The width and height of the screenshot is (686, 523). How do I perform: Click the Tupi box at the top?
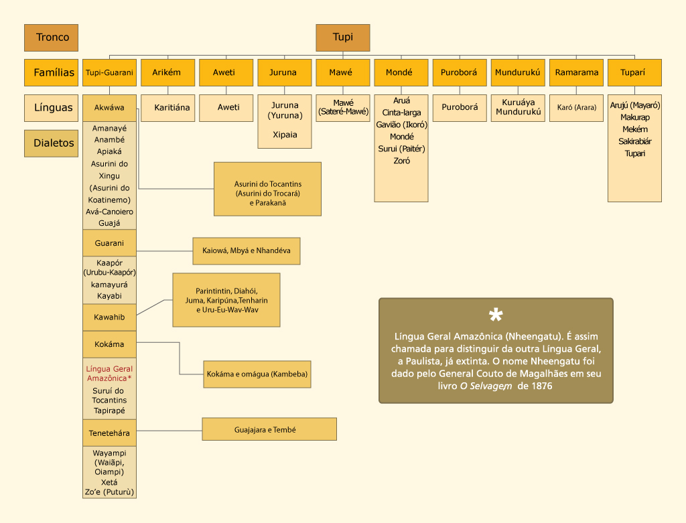[343, 38]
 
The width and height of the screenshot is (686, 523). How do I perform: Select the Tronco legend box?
[51, 38]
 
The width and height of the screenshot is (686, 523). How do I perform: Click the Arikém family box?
[167, 72]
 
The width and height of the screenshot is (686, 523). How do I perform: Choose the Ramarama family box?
[576, 72]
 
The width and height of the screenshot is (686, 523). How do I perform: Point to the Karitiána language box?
[172, 107]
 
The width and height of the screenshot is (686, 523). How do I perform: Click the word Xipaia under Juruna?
[285, 135]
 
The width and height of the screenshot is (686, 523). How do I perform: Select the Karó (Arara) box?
[576, 107]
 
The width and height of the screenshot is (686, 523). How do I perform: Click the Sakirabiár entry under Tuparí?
[635, 141]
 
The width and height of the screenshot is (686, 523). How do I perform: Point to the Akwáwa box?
[110, 107]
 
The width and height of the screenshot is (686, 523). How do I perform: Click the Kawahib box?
[110, 317]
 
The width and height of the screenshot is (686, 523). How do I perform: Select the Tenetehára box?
[110, 433]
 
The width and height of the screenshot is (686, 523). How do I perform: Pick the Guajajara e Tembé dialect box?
[269, 429]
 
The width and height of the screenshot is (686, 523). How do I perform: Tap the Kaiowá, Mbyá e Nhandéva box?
[246, 251]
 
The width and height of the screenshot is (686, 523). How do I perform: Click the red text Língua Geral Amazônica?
[110, 374]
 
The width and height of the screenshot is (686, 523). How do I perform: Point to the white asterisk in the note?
[496, 316]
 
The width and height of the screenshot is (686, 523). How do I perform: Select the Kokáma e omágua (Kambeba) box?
[257, 374]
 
